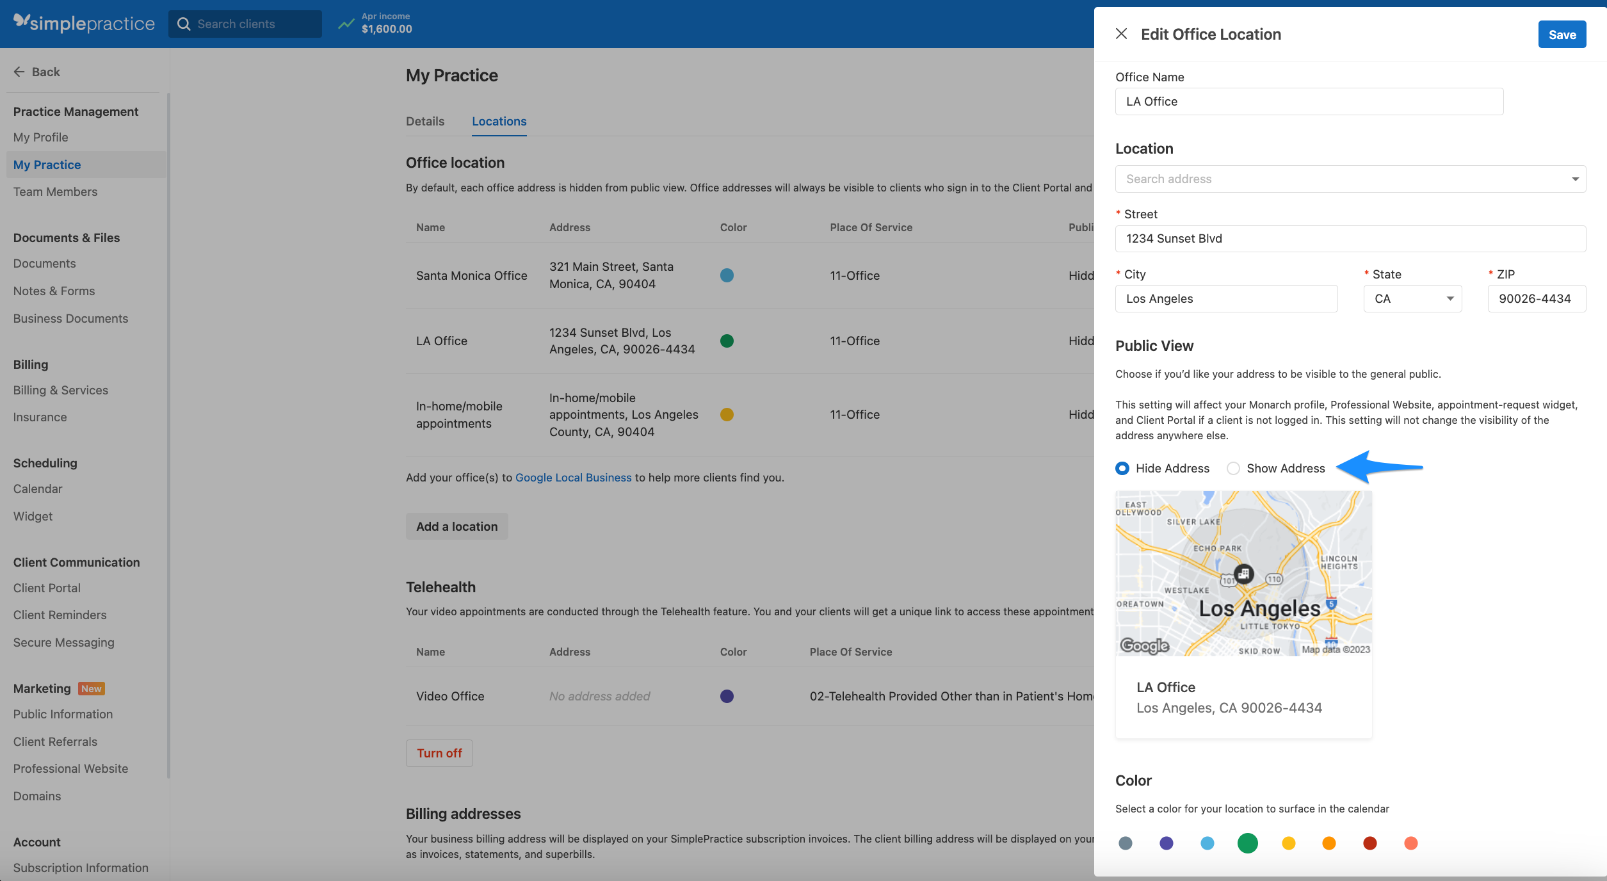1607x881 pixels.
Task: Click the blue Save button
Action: pos(1562,35)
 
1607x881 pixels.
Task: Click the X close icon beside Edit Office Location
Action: pos(1121,34)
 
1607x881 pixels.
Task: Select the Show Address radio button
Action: pos(1233,468)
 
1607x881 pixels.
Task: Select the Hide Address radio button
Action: pos(1122,468)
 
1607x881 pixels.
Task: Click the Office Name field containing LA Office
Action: pos(1309,102)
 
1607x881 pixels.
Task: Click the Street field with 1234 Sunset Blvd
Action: pos(1350,239)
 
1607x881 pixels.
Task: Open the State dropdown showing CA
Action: pos(1412,299)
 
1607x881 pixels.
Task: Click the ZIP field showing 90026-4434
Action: pos(1536,299)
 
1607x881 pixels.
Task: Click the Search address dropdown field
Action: pos(1350,179)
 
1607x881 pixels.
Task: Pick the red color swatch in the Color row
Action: pos(1370,843)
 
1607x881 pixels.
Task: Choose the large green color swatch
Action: pos(1247,843)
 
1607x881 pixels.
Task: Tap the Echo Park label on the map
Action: pos(1217,549)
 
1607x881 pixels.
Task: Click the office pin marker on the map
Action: pos(1243,573)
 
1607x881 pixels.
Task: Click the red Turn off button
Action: pos(439,754)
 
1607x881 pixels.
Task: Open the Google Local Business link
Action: pos(573,478)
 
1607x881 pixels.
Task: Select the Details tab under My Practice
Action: pos(425,122)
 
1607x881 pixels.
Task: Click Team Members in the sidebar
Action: pos(55,192)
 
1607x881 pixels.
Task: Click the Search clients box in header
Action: pos(245,24)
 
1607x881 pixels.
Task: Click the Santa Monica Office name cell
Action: pos(471,276)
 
